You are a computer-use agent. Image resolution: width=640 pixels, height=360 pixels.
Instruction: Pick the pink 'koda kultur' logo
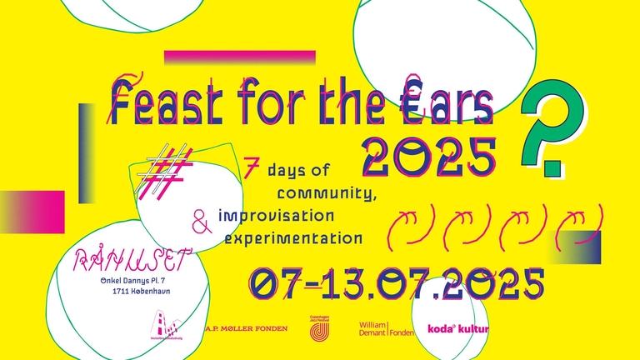point(457,329)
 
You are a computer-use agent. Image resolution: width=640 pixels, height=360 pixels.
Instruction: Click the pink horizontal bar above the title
point(240,57)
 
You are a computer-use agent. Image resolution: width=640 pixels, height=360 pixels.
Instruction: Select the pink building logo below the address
point(162,327)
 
